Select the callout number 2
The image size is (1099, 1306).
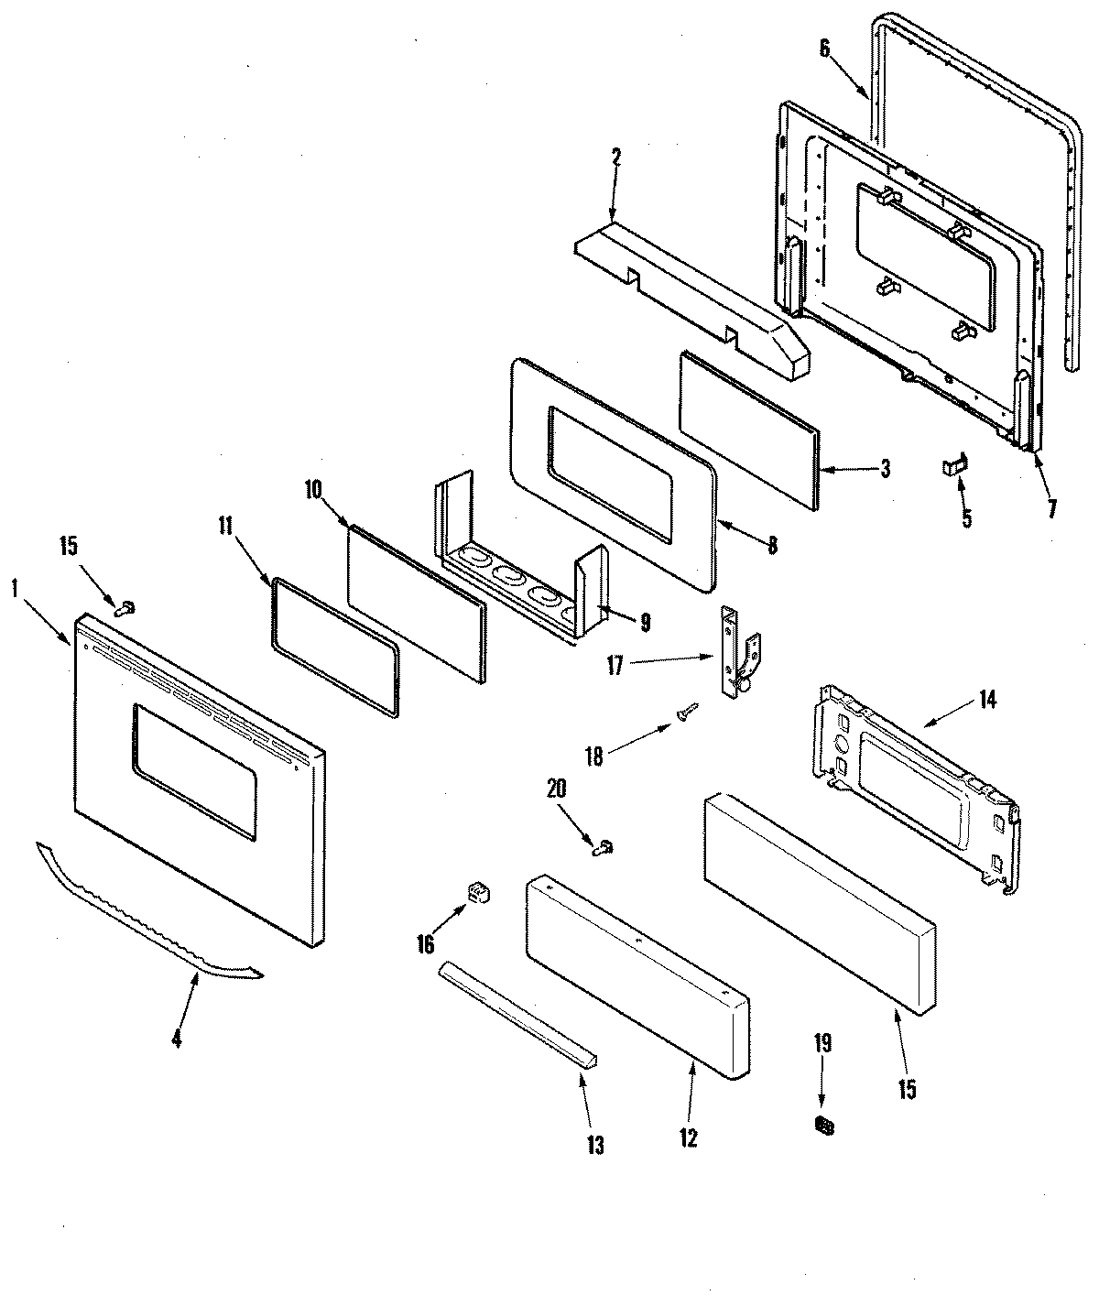(615, 157)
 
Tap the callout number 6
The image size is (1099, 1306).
(824, 49)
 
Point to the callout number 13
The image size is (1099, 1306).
(595, 1145)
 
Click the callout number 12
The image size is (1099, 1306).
(688, 1137)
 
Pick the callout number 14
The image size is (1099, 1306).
(987, 701)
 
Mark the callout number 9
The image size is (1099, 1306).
(646, 623)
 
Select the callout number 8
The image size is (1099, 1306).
(772, 546)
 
